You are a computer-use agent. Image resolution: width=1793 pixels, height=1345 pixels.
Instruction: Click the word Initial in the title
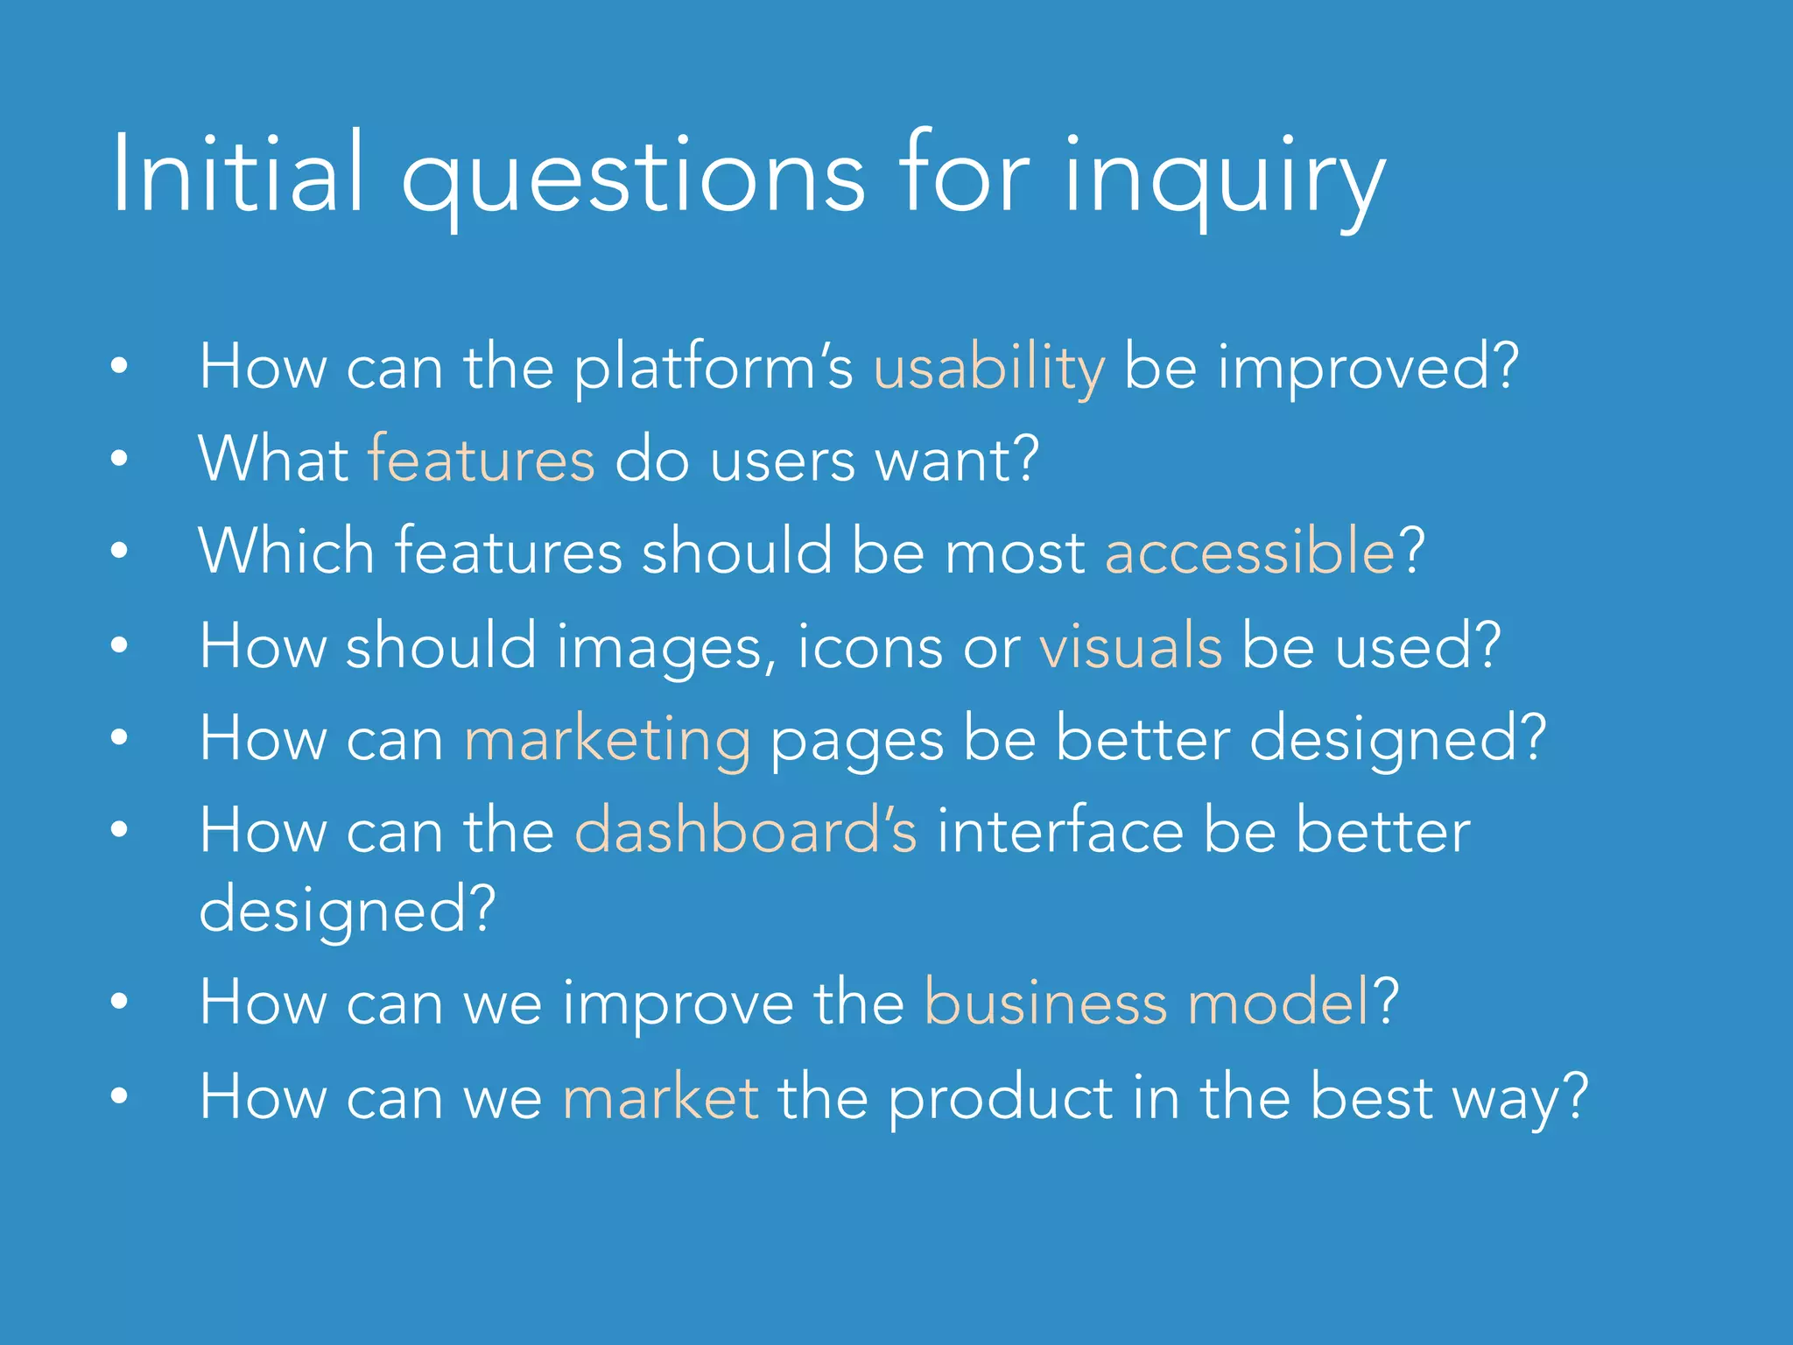coord(236,173)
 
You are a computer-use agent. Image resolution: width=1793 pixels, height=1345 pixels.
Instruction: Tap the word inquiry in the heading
coord(1224,180)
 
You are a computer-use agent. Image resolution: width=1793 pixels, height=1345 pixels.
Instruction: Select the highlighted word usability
coord(989,368)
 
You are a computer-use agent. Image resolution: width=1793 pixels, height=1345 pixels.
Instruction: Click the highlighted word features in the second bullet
coord(481,460)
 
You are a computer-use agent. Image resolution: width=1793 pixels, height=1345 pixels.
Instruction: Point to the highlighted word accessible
coord(1249,553)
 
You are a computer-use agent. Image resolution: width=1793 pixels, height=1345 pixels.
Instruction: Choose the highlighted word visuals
coord(1130,646)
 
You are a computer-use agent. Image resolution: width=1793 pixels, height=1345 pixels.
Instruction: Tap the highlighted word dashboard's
coord(746,830)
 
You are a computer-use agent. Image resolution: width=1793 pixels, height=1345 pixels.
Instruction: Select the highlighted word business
coord(1045,1003)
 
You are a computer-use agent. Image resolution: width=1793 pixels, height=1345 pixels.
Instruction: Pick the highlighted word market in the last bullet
coord(660,1096)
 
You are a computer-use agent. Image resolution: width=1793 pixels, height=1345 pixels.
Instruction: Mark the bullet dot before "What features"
coord(120,458)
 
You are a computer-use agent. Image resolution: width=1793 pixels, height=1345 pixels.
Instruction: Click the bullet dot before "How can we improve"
coord(120,1001)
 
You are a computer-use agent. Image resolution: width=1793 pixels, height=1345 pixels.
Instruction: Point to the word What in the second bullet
coord(273,459)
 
